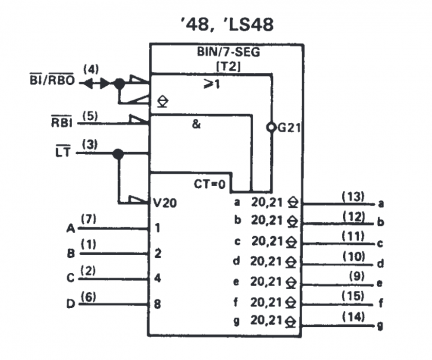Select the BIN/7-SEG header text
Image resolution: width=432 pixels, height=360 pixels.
tap(214, 51)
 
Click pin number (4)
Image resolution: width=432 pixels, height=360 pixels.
tap(91, 69)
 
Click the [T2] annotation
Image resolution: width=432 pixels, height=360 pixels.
tap(214, 64)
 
